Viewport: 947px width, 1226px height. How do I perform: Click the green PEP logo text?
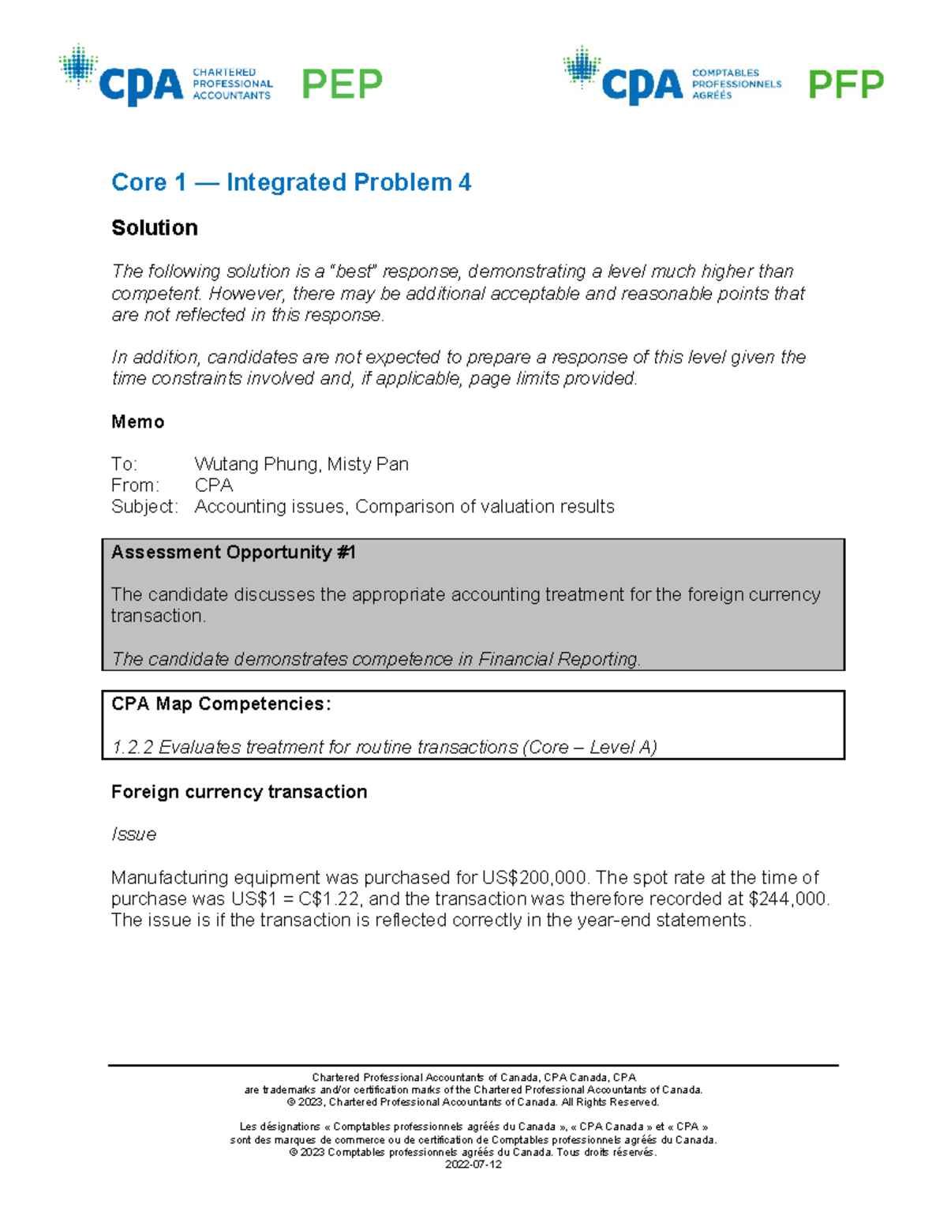click(x=342, y=84)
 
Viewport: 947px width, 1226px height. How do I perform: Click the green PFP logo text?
click(x=846, y=84)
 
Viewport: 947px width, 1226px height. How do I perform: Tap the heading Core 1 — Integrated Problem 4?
click(x=291, y=182)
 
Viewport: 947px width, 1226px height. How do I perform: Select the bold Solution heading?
click(x=155, y=228)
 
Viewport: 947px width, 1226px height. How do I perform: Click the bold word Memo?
click(x=138, y=422)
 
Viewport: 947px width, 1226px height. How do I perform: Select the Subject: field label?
click(x=144, y=507)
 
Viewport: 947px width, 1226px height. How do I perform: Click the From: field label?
click(x=135, y=486)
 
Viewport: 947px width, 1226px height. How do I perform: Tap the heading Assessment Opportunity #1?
click(x=234, y=553)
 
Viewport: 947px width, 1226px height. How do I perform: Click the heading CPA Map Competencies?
click(x=221, y=704)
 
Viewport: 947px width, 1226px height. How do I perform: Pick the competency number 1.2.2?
click(x=133, y=748)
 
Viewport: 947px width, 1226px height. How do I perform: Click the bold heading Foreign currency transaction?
click(x=239, y=792)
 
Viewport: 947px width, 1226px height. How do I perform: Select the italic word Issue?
click(x=133, y=834)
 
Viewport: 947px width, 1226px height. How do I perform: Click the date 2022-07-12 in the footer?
click(x=473, y=1164)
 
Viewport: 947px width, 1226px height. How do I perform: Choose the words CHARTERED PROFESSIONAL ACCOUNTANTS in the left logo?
click(x=232, y=84)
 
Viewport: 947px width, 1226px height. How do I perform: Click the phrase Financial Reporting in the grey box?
click(x=558, y=659)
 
